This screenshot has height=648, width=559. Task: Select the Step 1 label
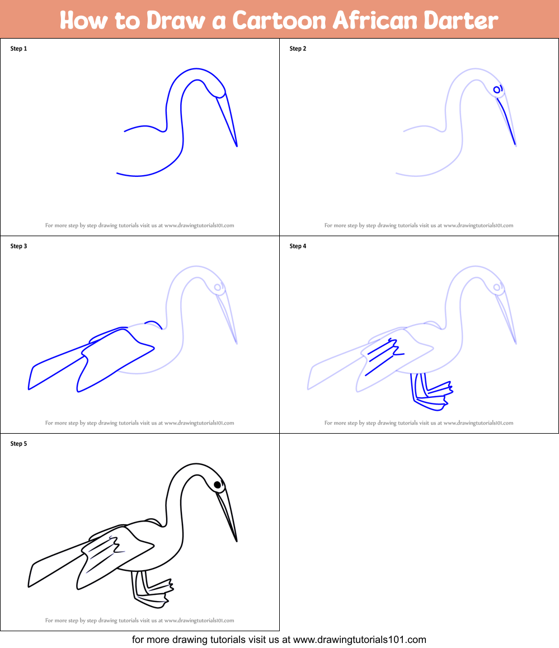(x=18, y=49)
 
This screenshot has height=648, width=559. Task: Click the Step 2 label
(x=298, y=49)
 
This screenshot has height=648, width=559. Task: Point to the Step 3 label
(x=18, y=246)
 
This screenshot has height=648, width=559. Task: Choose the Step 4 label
(x=298, y=246)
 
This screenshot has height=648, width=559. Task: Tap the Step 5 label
(x=18, y=444)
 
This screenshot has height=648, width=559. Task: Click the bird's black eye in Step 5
(x=217, y=485)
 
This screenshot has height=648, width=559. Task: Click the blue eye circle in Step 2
(x=496, y=90)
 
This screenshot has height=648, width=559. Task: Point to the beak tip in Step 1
(x=237, y=146)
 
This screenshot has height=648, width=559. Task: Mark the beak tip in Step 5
(x=237, y=541)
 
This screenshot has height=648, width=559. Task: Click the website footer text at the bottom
(x=279, y=639)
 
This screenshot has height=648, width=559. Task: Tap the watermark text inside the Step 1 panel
(x=139, y=226)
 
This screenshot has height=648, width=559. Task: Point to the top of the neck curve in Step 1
(x=196, y=70)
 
